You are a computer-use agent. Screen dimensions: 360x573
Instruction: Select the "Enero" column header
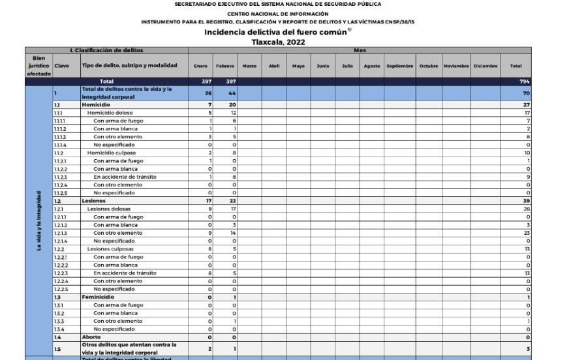(x=200, y=66)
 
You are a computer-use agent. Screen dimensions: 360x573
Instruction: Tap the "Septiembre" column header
(x=399, y=66)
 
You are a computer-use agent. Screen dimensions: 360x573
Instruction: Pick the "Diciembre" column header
(x=485, y=66)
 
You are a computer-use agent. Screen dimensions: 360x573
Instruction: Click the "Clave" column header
(x=62, y=66)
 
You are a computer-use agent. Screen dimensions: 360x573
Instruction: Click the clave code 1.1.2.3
(x=60, y=177)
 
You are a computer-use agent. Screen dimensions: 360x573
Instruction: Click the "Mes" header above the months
(x=360, y=50)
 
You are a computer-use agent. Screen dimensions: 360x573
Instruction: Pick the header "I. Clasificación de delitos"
(x=106, y=50)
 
